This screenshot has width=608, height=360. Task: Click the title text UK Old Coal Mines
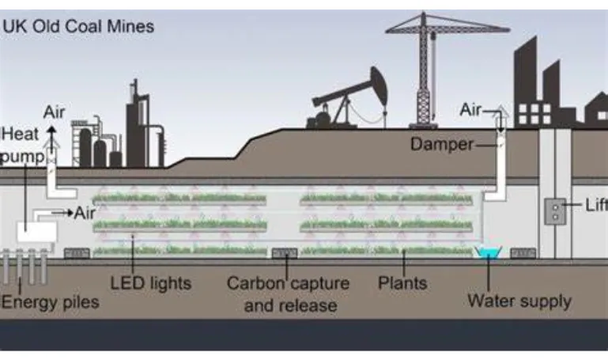(79, 27)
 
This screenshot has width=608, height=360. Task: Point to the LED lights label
(150, 282)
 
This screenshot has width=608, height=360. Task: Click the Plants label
(402, 282)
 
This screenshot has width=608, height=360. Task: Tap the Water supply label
(519, 301)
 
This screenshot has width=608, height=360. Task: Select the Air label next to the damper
(471, 111)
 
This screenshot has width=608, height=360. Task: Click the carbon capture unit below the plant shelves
(285, 254)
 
